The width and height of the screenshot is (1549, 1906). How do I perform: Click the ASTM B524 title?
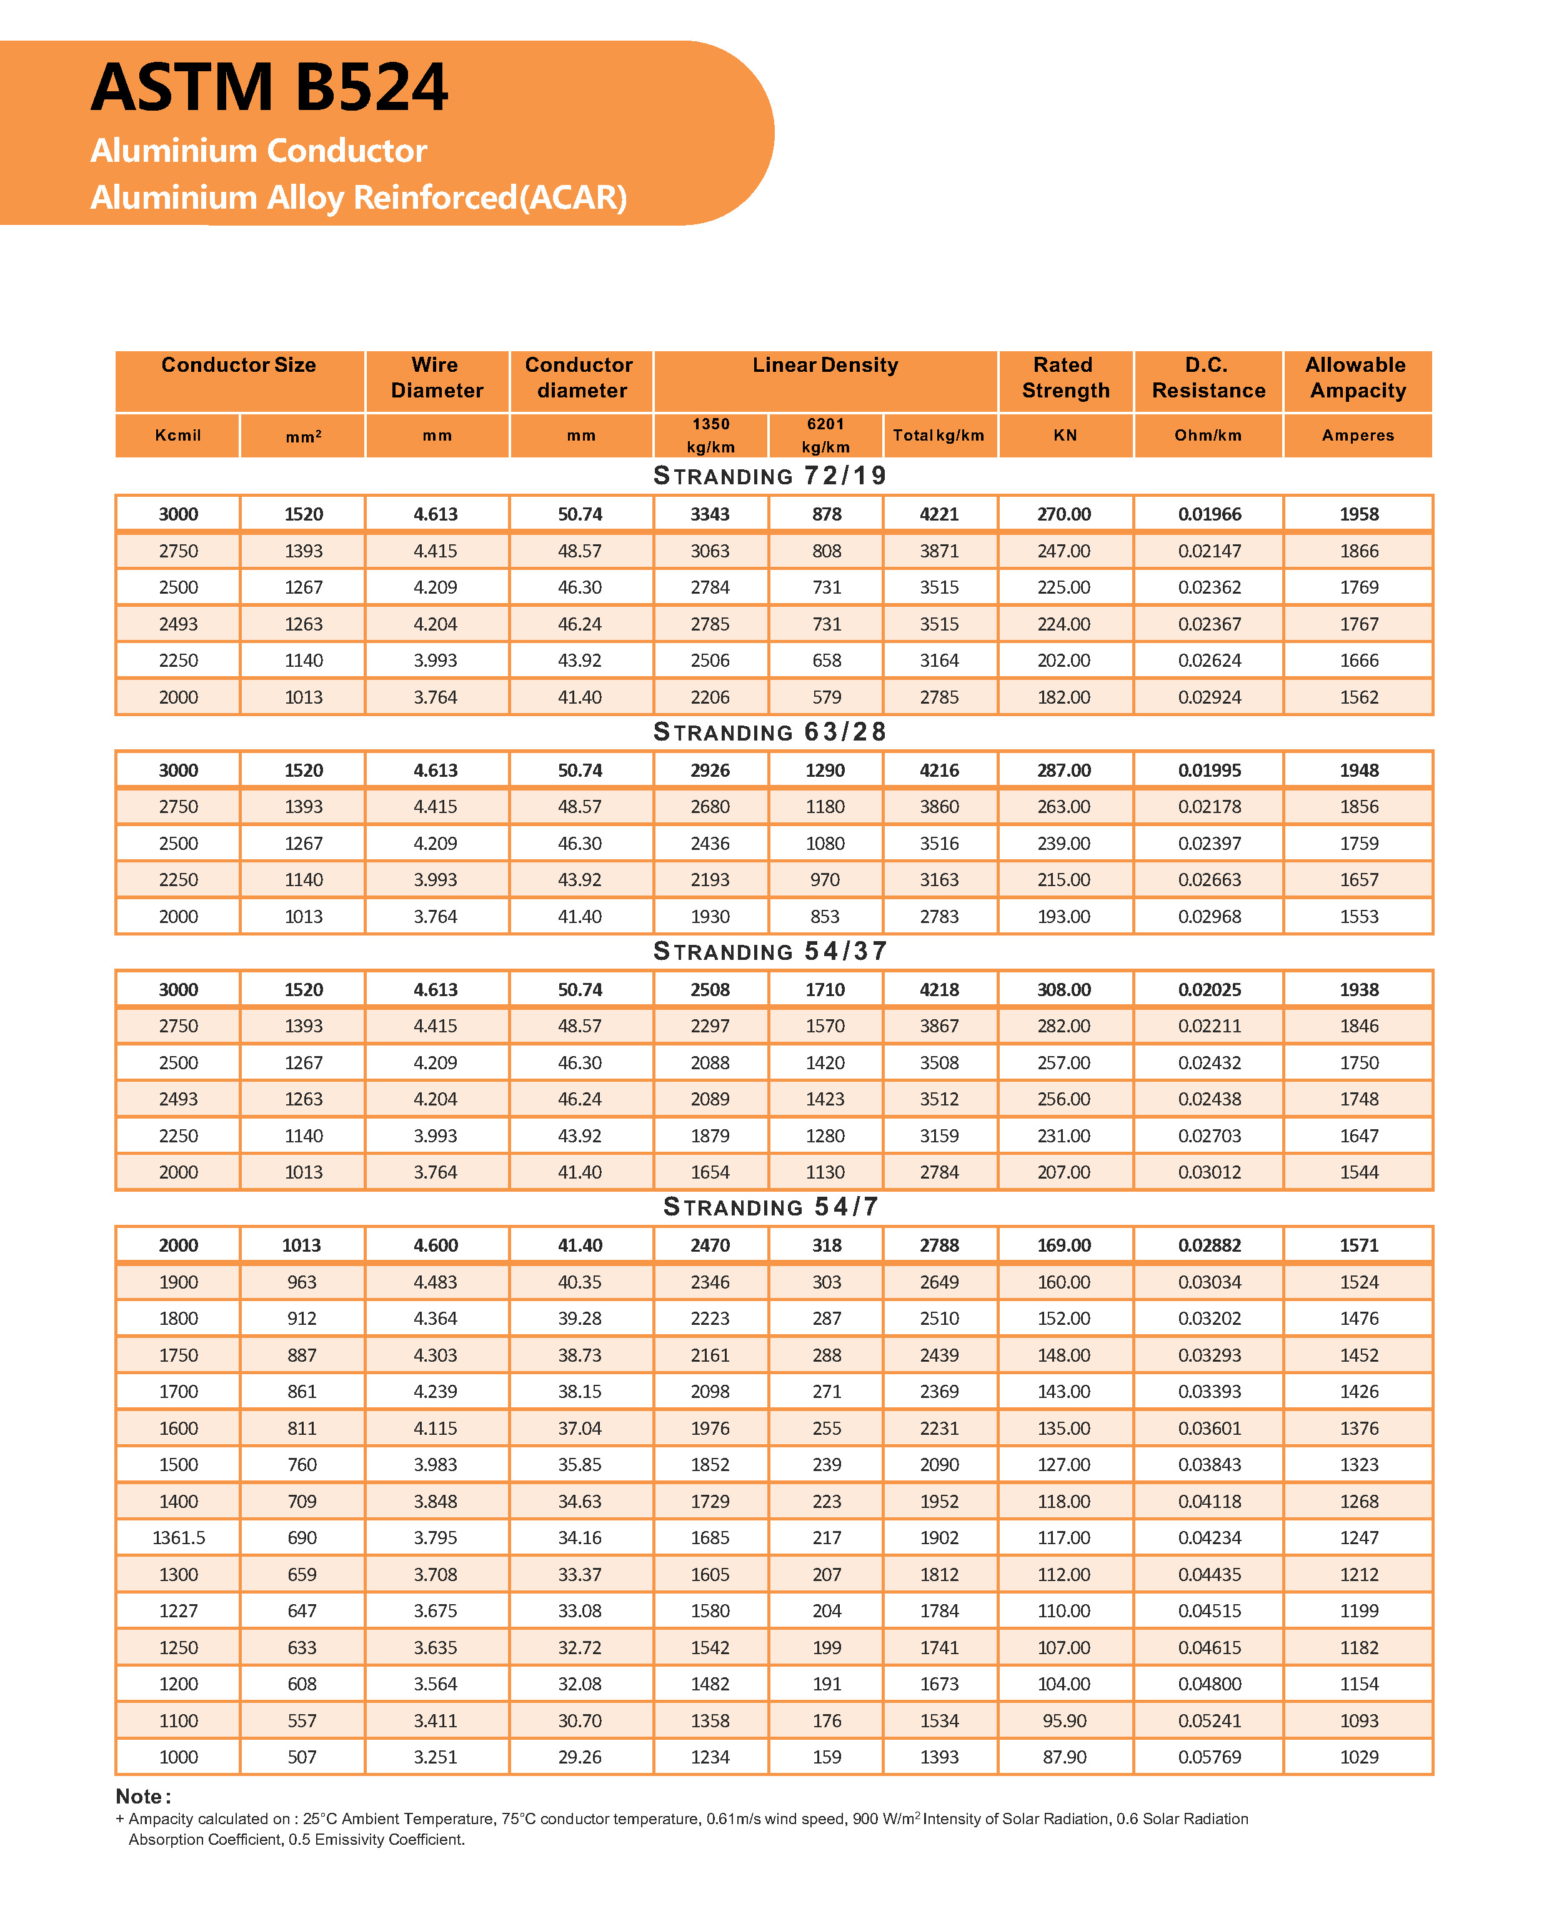point(269,87)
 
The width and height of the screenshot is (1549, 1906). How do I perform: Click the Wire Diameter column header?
point(436,377)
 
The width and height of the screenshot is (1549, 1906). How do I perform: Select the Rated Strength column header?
point(1065,377)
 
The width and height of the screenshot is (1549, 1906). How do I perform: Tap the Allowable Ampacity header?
point(1357,377)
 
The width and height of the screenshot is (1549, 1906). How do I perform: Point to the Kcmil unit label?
point(177,436)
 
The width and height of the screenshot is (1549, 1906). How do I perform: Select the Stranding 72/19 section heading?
point(770,476)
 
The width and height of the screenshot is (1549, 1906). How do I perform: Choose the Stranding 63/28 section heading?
point(770,732)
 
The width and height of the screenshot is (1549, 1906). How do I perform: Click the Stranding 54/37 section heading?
point(770,951)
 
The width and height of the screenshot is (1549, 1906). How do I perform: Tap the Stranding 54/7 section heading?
point(770,1207)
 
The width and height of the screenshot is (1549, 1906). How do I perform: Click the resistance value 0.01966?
point(1209,514)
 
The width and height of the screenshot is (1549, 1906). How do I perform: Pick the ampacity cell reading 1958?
point(1358,514)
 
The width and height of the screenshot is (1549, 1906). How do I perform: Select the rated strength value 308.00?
point(1063,990)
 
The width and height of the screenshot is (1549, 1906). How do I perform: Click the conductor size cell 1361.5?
point(179,1537)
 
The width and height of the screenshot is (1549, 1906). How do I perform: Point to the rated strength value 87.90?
point(1063,1757)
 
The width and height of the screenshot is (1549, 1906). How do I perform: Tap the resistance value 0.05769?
point(1209,1757)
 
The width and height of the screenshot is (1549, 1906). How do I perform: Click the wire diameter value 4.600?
point(436,1245)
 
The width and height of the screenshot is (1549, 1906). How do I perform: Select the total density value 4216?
point(939,770)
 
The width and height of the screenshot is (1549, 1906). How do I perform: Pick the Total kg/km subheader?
point(939,436)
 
